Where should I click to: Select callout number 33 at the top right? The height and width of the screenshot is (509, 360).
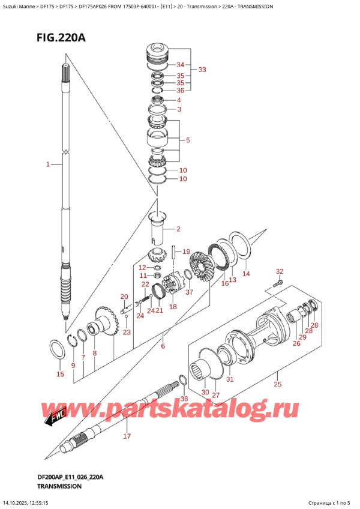coord(202,70)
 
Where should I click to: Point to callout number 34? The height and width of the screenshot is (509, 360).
coord(181,65)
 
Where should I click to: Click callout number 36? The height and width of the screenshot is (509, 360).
coord(181,90)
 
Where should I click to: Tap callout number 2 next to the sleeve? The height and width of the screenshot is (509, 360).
coord(178,229)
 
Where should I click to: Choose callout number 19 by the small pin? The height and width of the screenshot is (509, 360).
coord(186,251)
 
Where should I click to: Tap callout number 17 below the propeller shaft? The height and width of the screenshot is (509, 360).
coord(127,436)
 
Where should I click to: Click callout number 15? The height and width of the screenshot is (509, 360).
coord(59,375)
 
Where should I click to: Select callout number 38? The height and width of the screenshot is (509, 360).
coord(184,398)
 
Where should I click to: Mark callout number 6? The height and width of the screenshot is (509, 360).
coord(162,346)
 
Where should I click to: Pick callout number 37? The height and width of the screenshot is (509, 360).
coord(190,292)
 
